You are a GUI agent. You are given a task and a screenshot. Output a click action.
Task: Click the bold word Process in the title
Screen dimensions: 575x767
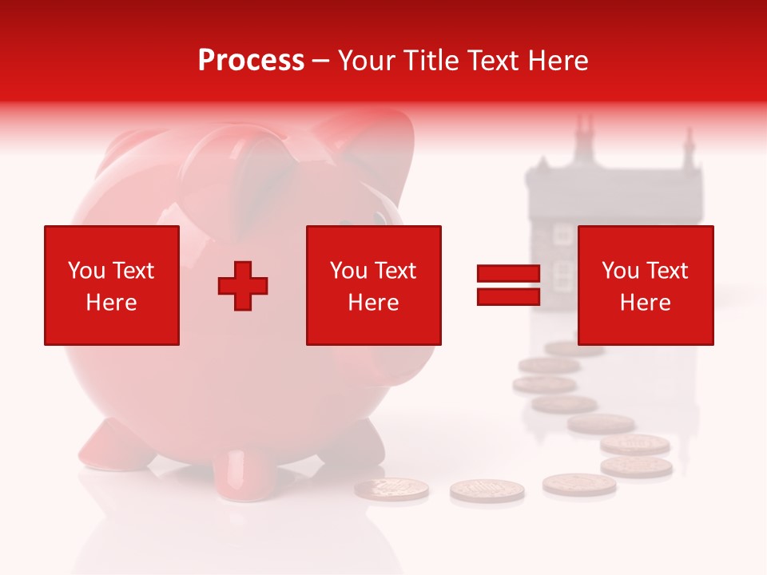pyautogui.click(x=251, y=61)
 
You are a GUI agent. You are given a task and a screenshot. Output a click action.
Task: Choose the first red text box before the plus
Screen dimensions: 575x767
pyautogui.click(x=112, y=286)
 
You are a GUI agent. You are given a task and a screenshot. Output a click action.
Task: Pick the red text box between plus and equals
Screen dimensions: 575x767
pyautogui.click(x=374, y=286)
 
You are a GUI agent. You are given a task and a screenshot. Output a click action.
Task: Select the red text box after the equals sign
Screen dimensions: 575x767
pyautogui.click(x=646, y=286)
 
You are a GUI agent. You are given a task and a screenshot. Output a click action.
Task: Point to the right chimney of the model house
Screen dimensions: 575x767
pyautogui.click(x=687, y=148)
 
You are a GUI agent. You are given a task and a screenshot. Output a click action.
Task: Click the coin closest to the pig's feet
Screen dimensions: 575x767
pyautogui.click(x=391, y=489)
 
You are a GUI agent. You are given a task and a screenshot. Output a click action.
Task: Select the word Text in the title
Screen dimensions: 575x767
pyautogui.click(x=493, y=61)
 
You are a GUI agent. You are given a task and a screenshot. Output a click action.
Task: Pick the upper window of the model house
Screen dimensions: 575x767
pyautogui.click(x=563, y=233)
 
